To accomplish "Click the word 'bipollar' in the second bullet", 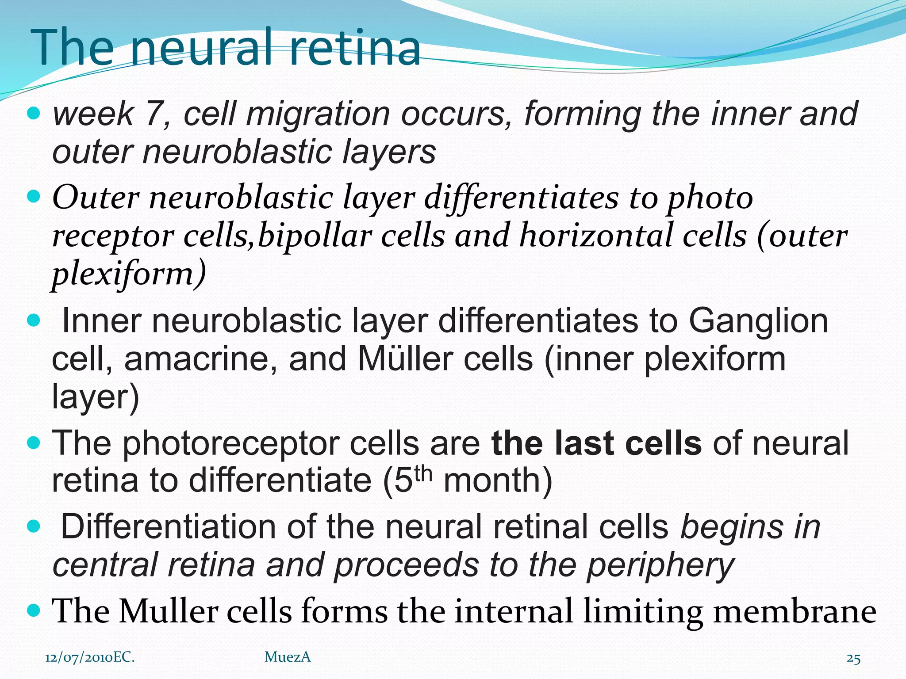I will pyautogui.click(x=315, y=236).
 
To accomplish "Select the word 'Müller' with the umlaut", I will pyautogui.click(x=406, y=359).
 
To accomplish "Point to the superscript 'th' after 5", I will pyautogui.click(x=423, y=473).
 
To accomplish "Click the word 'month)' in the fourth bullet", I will pyautogui.click(x=498, y=481).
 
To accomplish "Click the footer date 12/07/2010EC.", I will pyautogui.click(x=90, y=657).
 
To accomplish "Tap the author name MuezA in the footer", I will pyautogui.click(x=288, y=657).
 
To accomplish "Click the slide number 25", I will pyautogui.click(x=853, y=659).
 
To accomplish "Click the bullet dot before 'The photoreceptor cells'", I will pyautogui.click(x=34, y=442).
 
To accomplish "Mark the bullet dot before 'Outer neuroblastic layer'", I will pyautogui.click(x=34, y=195).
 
